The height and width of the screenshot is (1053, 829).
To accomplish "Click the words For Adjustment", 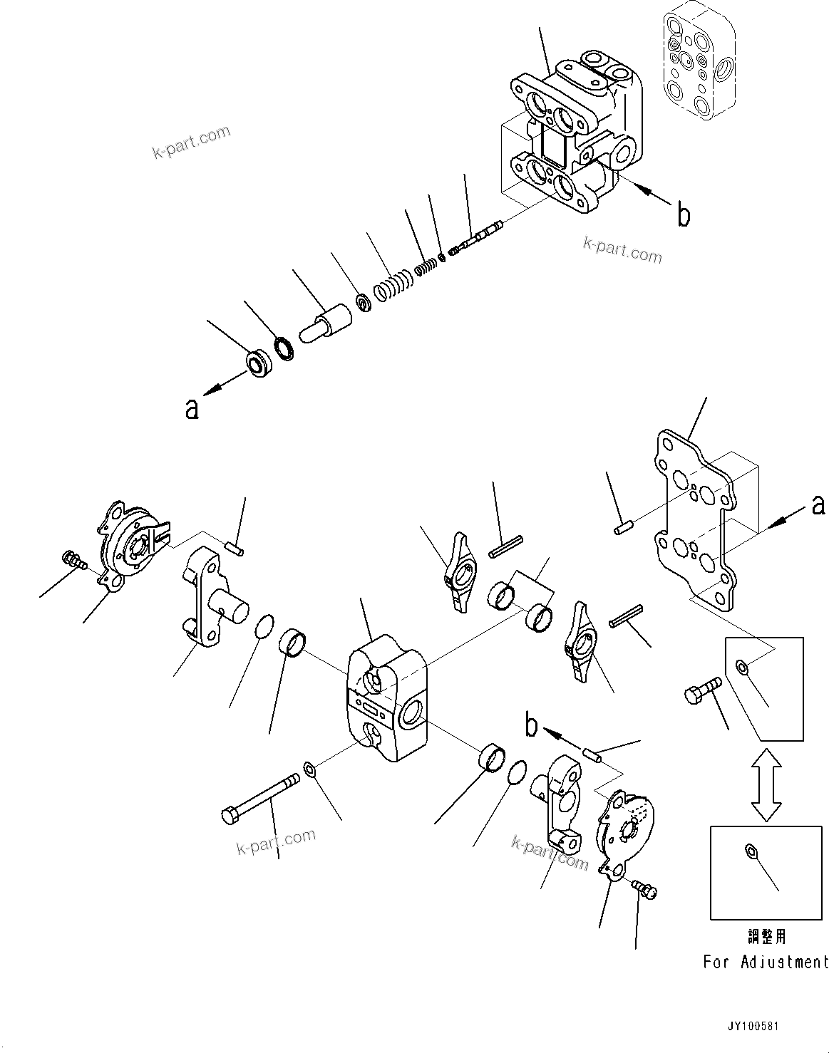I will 766,962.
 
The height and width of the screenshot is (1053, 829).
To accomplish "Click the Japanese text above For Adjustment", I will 766,936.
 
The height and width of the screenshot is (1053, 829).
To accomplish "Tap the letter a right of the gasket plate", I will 818,504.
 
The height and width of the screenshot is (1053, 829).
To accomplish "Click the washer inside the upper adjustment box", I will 742,667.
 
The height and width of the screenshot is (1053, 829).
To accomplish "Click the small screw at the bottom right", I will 646,888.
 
